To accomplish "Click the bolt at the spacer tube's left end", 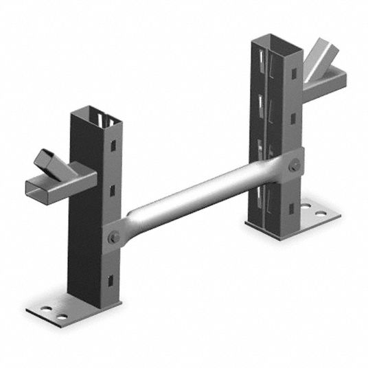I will point(114,238).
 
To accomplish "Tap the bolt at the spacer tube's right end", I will point(295,165).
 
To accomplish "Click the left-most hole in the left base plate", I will point(48,310).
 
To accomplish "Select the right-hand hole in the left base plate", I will point(62,317).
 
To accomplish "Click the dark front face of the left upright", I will point(86,220).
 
